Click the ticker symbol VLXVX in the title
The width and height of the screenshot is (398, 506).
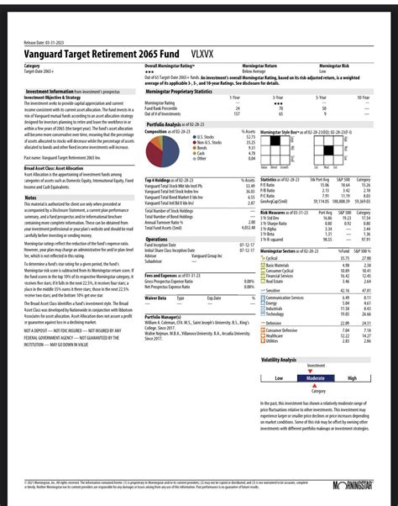click(x=202, y=51)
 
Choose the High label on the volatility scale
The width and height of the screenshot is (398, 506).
click(x=352, y=378)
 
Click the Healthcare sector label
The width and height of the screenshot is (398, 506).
click(x=280, y=335)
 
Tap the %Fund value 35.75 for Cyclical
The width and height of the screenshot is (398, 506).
click(x=343, y=259)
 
